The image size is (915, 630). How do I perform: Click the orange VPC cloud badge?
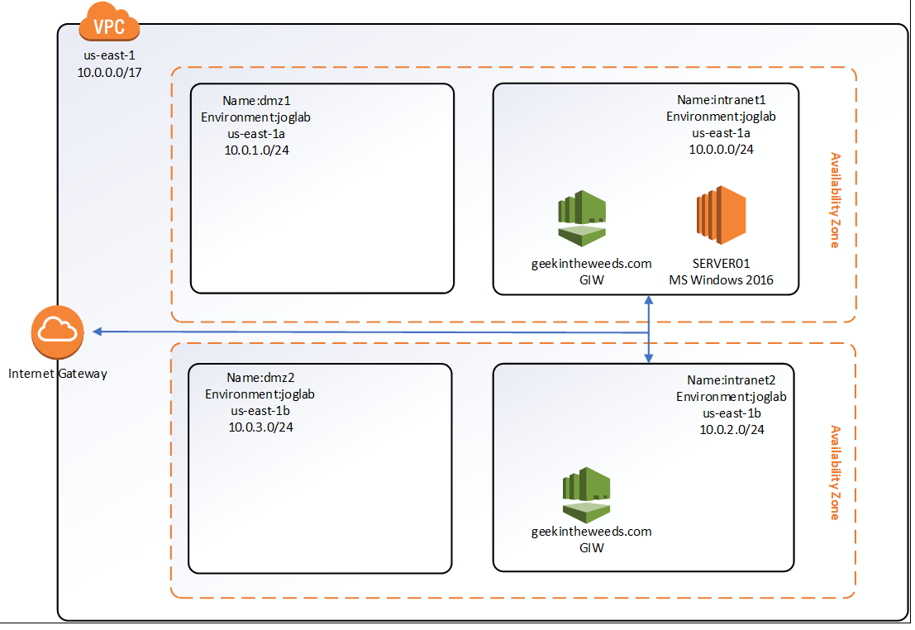(109, 25)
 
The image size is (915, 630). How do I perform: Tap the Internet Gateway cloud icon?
(58, 331)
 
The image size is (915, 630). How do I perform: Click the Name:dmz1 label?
(256, 101)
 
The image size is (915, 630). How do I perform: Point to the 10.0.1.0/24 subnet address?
(256, 150)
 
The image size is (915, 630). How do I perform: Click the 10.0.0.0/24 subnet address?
(721, 150)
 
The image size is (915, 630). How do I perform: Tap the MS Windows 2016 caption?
(721, 280)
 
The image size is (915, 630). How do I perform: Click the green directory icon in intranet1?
(582, 218)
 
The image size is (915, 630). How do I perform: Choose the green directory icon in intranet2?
(586, 494)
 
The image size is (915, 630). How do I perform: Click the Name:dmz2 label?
(260, 378)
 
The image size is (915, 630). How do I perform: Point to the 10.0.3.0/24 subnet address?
(260, 427)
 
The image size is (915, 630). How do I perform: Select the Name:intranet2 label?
(731, 380)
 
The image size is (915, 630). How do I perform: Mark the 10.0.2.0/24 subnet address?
(732, 430)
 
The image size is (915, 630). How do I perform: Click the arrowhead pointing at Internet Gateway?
(97, 332)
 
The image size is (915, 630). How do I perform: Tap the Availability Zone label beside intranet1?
(835, 200)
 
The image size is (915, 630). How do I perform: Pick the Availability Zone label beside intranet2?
(835, 472)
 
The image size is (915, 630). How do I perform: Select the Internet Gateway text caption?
(58, 374)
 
